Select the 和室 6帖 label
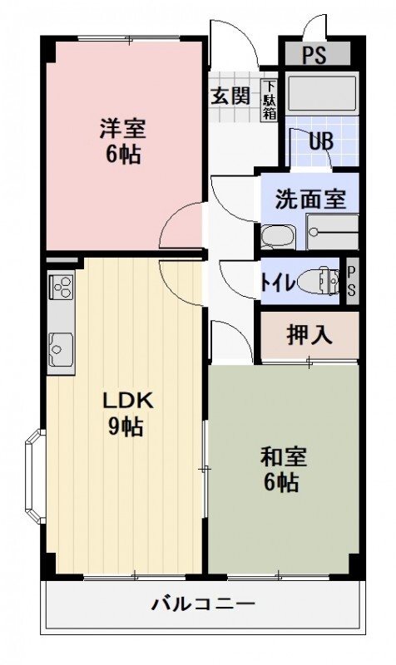pos(283,470)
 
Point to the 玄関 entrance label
pos(230,96)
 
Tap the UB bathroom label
pos(321,141)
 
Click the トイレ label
pos(277,283)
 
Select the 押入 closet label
pos(309,335)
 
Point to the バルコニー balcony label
pos(203,604)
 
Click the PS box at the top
pos(314,57)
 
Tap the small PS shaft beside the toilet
pos(351,283)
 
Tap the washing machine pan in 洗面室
pos(332,232)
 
